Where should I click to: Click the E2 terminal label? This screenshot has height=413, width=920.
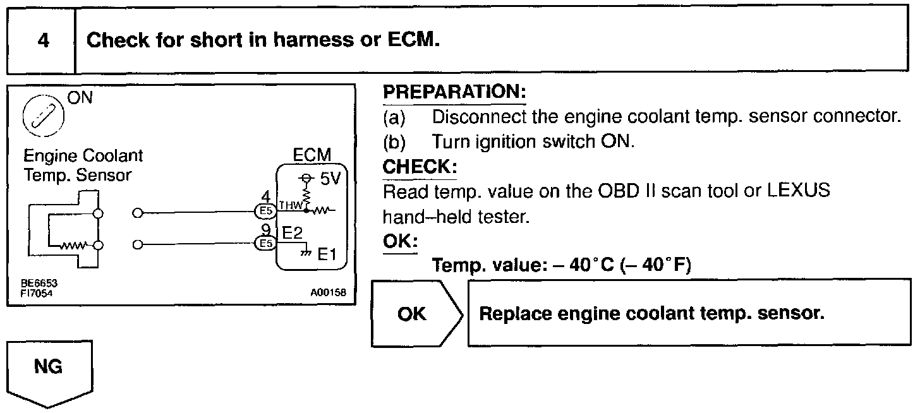pos(293,234)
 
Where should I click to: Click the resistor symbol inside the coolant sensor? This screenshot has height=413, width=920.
pos(72,245)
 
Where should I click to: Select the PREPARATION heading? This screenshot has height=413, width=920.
pos(454,92)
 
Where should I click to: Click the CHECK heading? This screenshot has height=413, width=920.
pos(420,167)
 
